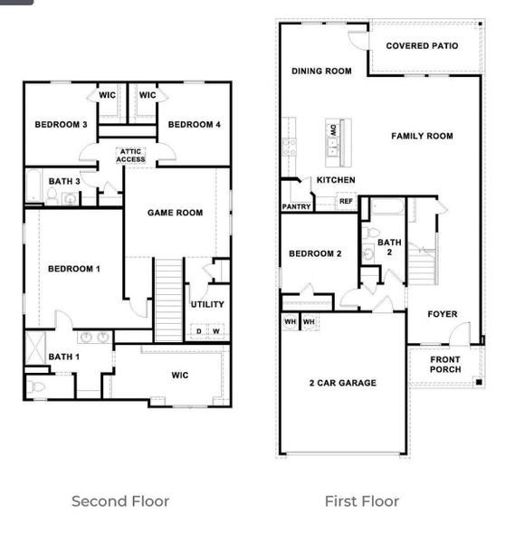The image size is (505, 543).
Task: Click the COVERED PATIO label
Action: (x=422, y=45)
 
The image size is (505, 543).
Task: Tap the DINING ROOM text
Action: (x=320, y=71)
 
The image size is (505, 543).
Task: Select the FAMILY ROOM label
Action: (x=422, y=136)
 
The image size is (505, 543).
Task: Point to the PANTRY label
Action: (x=296, y=206)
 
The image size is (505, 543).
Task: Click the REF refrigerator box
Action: (x=346, y=202)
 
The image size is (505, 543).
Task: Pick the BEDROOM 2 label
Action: (x=315, y=253)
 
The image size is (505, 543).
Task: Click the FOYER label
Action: (x=443, y=314)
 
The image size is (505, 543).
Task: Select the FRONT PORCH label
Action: (x=444, y=365)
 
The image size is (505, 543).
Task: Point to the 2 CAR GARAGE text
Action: (x=342, y=383)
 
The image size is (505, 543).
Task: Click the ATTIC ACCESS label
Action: (x=130, y=156)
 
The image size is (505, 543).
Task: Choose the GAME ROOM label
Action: (x=175, y=213)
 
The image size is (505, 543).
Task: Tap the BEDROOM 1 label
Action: (x=74, y=269)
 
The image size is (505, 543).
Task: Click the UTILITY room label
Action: (x=207, y=304)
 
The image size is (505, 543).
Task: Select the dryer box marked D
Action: (x=199, y=331)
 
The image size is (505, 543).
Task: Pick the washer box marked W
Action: (x=216, y=331)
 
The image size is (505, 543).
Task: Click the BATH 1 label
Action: (x=64, y=357)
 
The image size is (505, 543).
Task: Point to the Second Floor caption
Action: (x=120, y=500)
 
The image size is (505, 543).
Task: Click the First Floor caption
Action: (x=362, y=500)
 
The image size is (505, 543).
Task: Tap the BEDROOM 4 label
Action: (x=195, y=125)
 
